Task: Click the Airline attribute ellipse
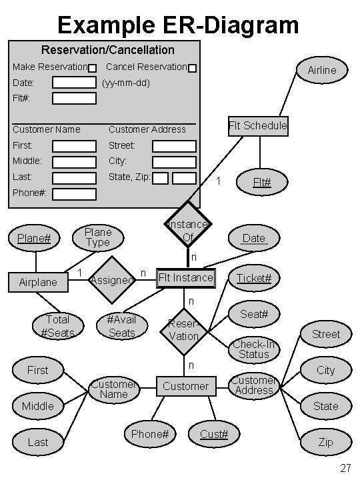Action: pos(321,70)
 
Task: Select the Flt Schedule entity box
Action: pos(257,125)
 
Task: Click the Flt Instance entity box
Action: pos(186,277)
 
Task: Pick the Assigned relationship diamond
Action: pos(111,280)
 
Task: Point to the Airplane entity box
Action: pos(38,282)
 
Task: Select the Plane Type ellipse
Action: pos(97,237)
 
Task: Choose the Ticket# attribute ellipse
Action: pos(254,277)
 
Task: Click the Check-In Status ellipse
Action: pos(253,349)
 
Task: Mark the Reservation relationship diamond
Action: pos(183,330)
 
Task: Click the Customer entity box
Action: pos(185,386)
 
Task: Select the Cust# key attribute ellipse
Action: pos(215,434)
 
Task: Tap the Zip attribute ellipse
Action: pos(325,442)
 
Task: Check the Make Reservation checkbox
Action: pos(93,68)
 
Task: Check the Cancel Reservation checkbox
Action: pos(192,68)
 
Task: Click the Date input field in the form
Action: pos(74,83)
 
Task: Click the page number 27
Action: pos(345,468)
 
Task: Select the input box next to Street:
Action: pos(174,145)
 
